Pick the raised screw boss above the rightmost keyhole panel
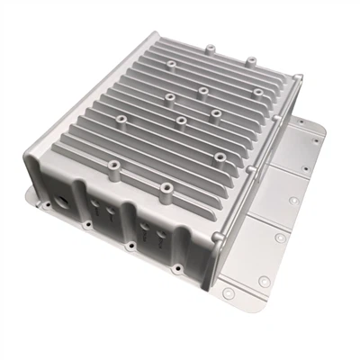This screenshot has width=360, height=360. tap(166, 189)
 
